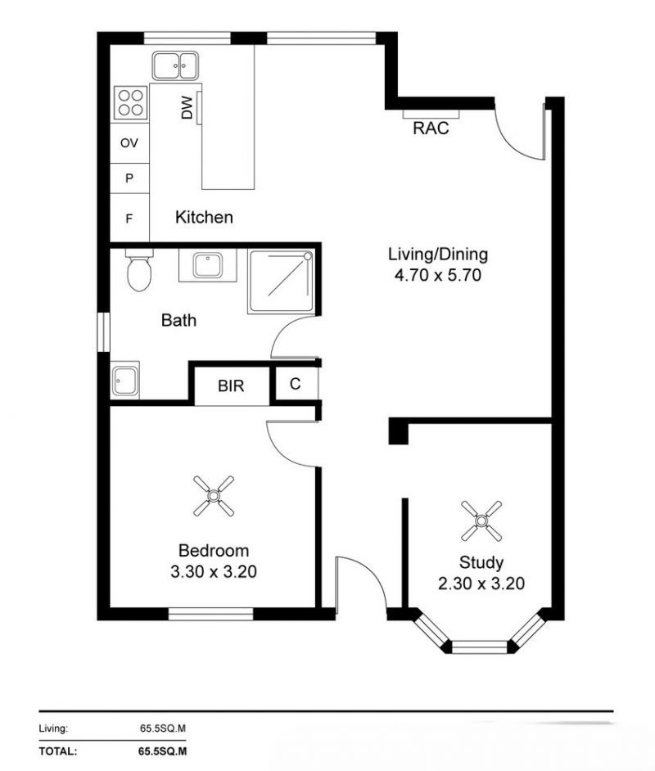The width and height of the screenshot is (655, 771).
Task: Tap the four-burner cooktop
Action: (129, 102)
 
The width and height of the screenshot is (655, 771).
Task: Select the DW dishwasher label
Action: (187, 108)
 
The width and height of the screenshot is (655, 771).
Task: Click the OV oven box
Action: (129, 143)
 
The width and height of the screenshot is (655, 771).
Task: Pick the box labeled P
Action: (129, 178)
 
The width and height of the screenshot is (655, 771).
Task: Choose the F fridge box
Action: (129, 219)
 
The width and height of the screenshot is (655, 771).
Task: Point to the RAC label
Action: (431, 128)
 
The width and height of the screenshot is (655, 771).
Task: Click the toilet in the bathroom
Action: (140, 271)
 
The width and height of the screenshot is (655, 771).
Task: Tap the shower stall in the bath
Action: (281, 282)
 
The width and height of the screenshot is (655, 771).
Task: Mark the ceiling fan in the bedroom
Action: (214, 496)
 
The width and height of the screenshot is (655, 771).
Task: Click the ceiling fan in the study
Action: (481, 520)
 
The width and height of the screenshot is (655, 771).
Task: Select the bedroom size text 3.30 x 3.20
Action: (213, 572)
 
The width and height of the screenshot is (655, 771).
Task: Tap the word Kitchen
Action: (204, 217)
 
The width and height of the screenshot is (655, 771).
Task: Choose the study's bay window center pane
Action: (481, 647)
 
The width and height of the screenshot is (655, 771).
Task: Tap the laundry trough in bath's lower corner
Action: (126, 381)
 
